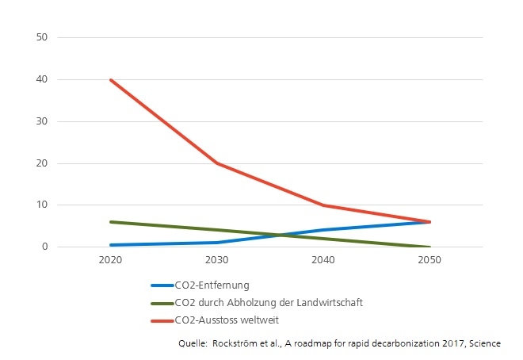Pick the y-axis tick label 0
(x=46, y=247)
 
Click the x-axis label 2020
(x=111, y=260)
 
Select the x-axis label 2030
(x=217, y=260)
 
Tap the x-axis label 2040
(x=323, y=260)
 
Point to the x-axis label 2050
(x=429, y=260)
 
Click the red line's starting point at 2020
(x=111, y=79)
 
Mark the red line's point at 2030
(x=217, y=163)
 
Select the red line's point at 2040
(x=323, y=205)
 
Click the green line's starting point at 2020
(x=111, y=222)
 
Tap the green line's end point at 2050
(x=429, y=247)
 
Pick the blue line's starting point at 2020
(x=111, y=245)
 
